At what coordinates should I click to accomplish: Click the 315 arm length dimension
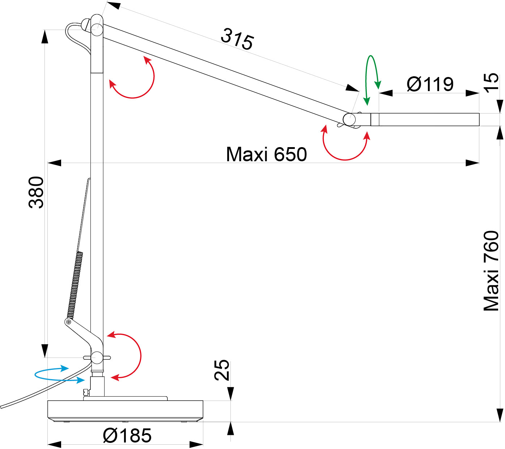point(237,39)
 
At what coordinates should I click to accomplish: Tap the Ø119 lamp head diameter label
point(430,84)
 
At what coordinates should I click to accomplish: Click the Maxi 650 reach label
point(266,154)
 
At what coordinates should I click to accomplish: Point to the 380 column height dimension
point(36,192)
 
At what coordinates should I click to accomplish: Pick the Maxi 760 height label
point(491,271)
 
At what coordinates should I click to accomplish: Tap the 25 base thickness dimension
point(222,370)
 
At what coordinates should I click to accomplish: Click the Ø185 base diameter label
point(127,435)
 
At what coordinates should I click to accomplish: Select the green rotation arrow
point(372,80)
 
